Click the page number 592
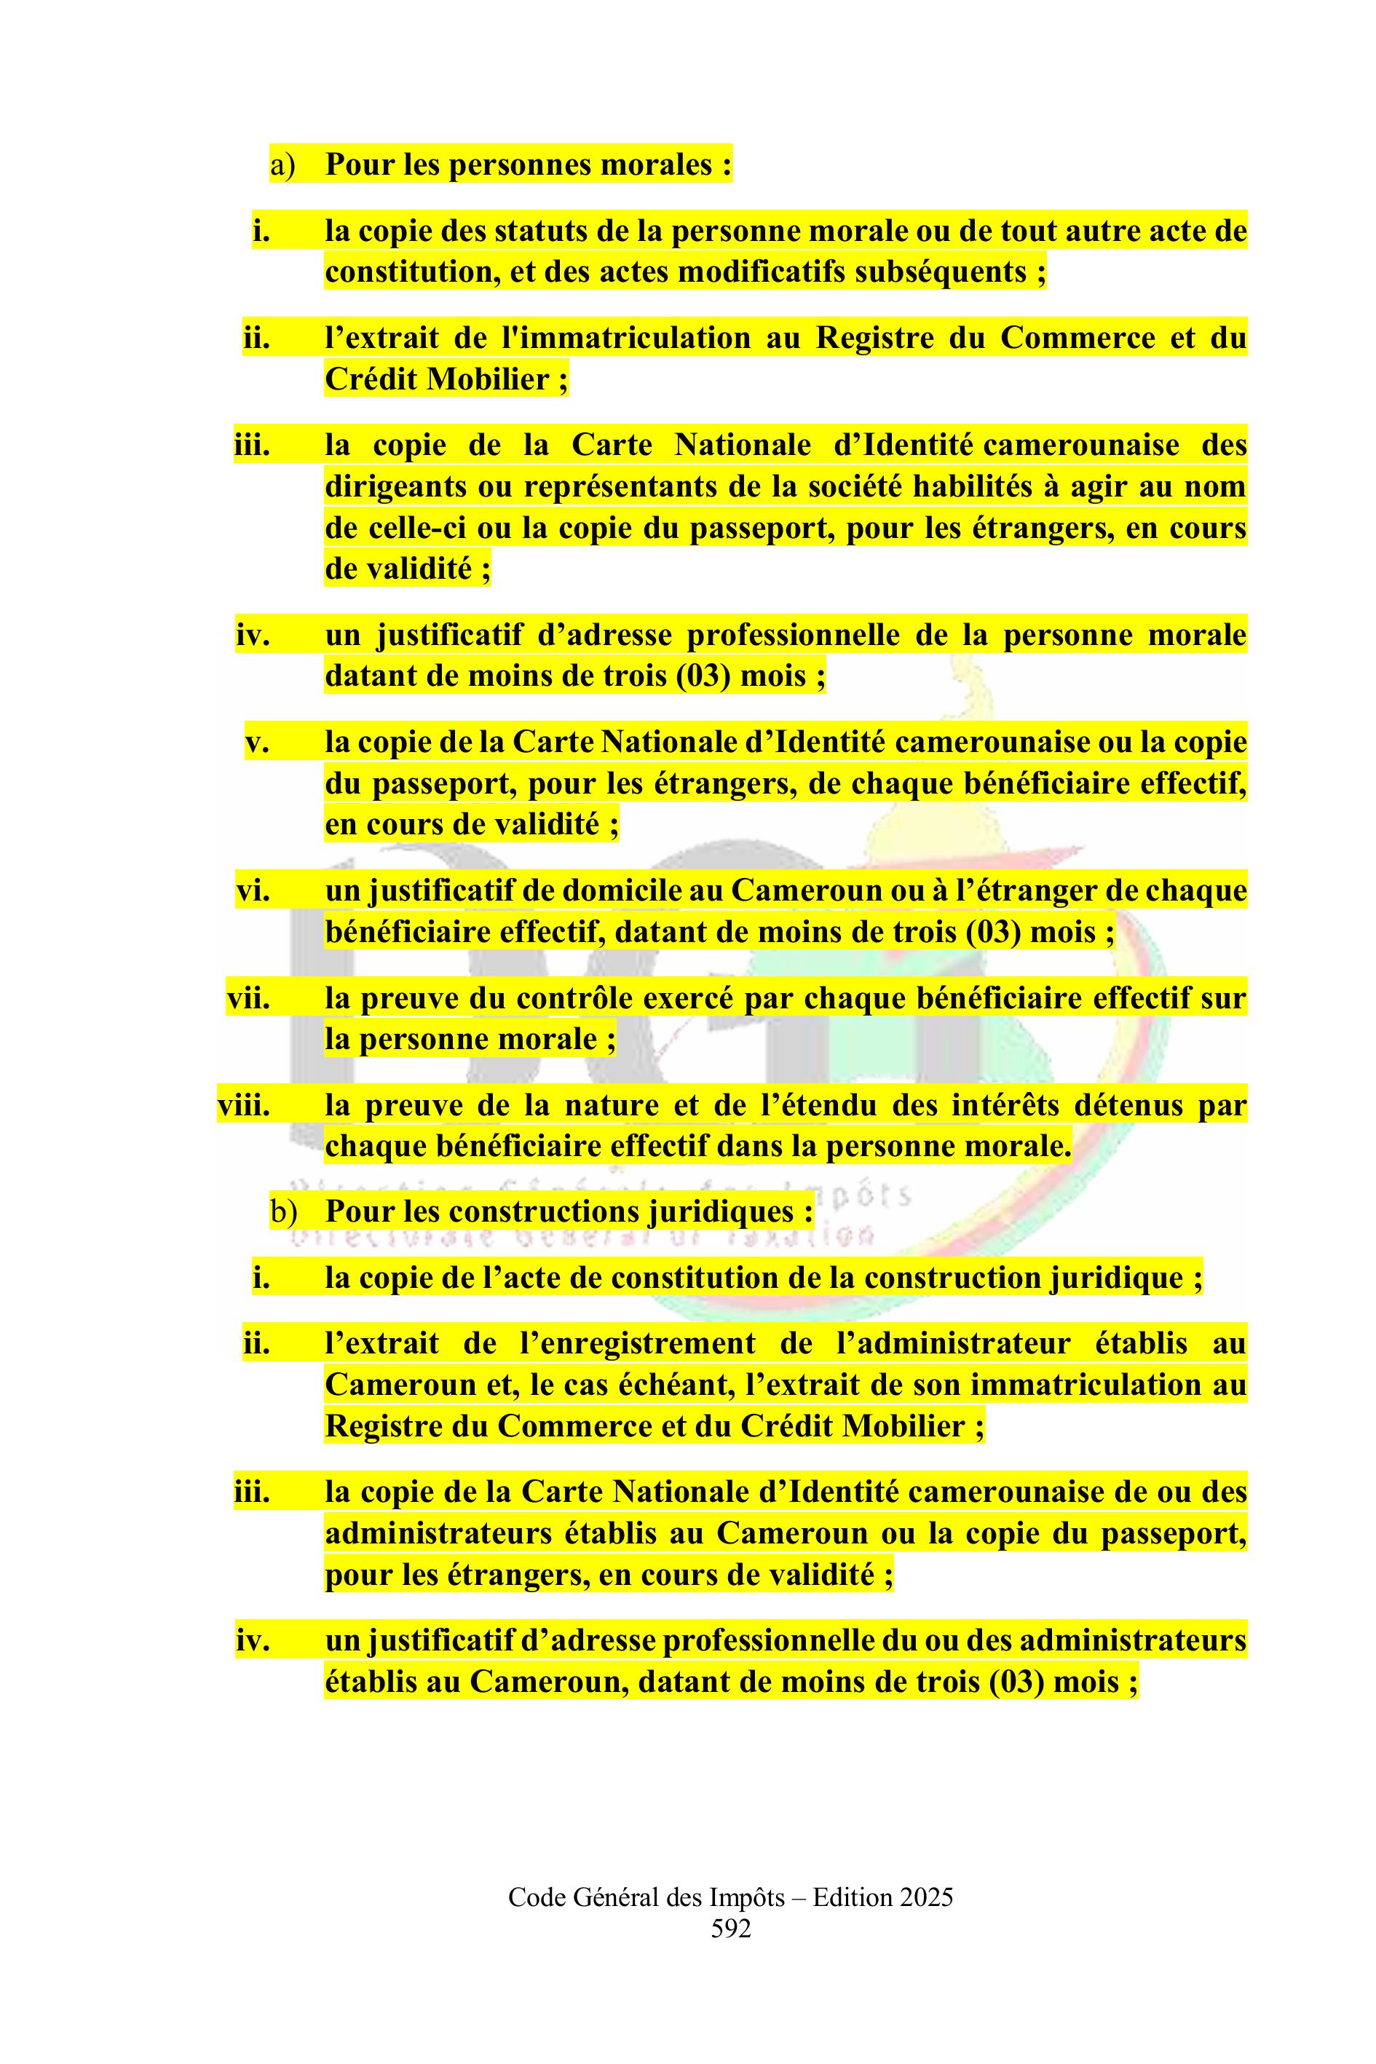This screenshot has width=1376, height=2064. tap(731, 1928)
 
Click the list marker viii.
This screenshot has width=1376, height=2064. tap(243, 1106)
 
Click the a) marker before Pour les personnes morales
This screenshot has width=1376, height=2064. tap(282, 165)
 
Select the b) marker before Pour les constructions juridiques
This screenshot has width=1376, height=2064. tap(283, 1212)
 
